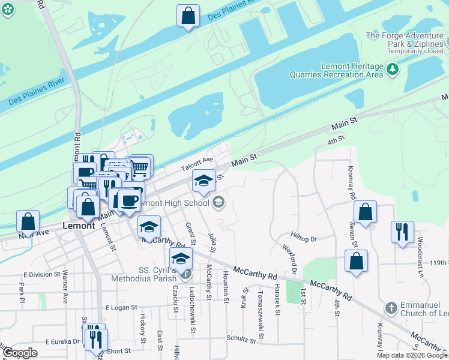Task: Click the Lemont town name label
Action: pos(79,226)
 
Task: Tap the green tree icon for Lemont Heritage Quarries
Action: pos(393,70)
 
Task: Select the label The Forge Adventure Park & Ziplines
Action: pos(405,40)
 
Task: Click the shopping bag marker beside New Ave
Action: pos(28,221)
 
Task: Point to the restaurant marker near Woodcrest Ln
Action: pos(402,232)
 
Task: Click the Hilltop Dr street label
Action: pos(304,239)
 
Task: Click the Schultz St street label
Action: pos(241,339)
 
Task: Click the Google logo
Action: pos(20,353)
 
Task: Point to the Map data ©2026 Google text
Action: pos(411,355)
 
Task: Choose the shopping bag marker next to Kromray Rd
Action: pos(365,212)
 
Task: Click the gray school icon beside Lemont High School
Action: pos(218,202)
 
